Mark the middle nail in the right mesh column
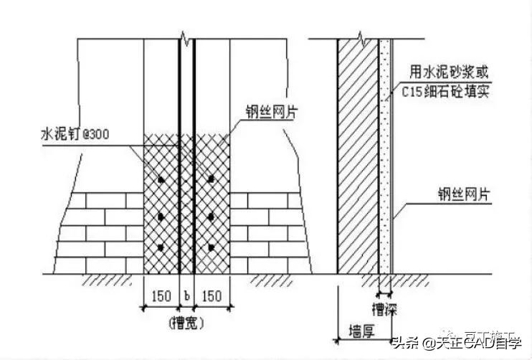point(212,215)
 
